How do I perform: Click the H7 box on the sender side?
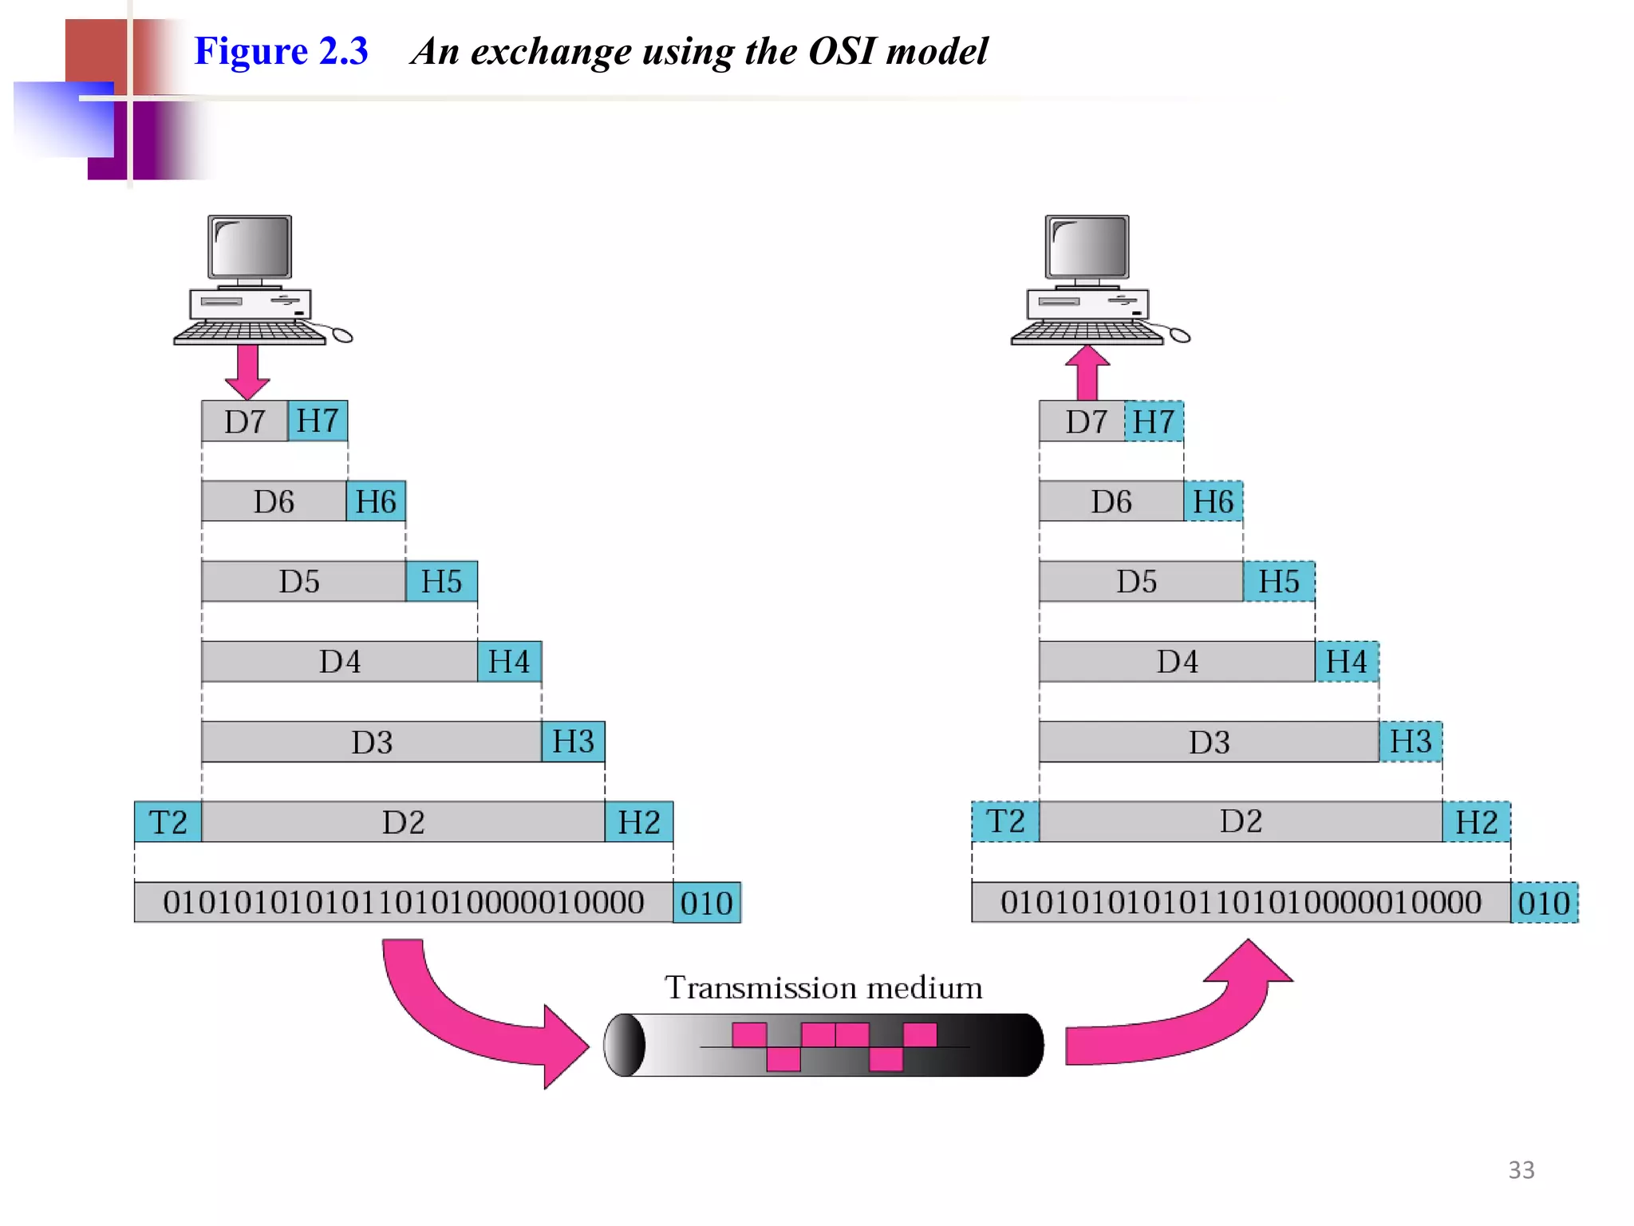click(x=317, y=421)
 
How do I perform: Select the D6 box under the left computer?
click(x=274, y=501)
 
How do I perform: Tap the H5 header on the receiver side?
click(x=1278, y=581)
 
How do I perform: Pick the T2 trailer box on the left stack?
click(x=168, y=822)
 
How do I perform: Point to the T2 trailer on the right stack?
click(x=1005, y=822)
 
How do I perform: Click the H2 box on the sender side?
click(x=638, y=822)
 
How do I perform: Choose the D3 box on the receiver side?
click(x=1209, y=742)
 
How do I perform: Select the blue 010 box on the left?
click(x=706, y=903)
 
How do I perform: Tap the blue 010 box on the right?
click(x=1544, y=903)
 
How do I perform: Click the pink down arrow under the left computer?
click(x=247, y=371)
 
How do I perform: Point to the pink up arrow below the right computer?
click(x=1087, y=373)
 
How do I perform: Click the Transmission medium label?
click(x=823, y=988)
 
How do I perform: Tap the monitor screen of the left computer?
click(x=250, y=247)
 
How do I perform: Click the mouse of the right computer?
click(x=1180, y=335)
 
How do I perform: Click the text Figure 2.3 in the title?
click(x=281, y=51)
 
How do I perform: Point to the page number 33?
click(x=1521, y=1170)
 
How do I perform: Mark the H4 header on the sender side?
click(x=509, y=662)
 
